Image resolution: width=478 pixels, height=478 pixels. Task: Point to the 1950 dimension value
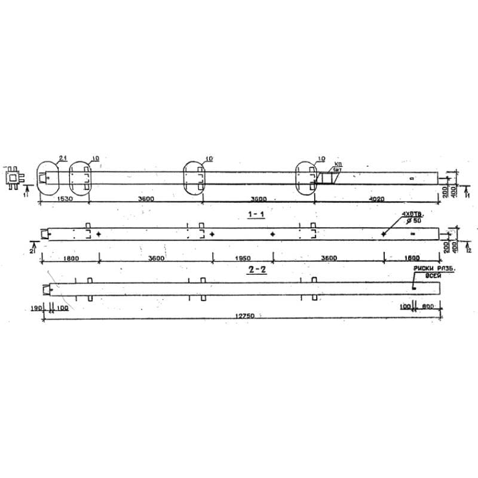pyautogui.click(x=242, y=258)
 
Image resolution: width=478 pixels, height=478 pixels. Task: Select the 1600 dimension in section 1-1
pyautogui.click(x=411, y=258)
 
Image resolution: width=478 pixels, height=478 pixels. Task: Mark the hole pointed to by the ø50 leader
pyautogui.click(x=383, y=234)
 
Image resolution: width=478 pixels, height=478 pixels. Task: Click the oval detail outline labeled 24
pyautogui.click(x=48, y=177)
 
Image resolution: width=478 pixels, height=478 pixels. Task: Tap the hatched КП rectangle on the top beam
pyautogui.click(x=326, y=178)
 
